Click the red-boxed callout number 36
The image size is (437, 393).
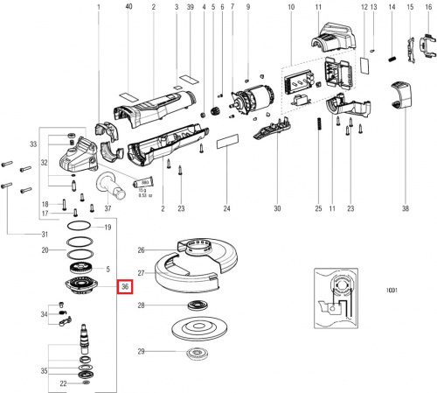[125, 287]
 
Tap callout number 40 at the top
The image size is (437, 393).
[129, 8]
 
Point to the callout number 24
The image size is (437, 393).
[226, 208]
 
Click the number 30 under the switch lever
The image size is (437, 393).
[278, 208]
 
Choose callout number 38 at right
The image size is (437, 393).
[405, 208]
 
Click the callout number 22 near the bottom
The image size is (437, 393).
[63, 383]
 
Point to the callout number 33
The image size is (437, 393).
[33, 144]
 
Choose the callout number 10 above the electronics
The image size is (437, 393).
[291, 8]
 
